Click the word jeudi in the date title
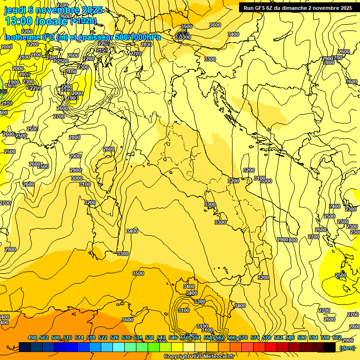click(15, 10)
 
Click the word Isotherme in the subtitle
click(22, 37)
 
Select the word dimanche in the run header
click(293, 8)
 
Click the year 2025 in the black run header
click(346, 8)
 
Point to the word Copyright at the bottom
click(177, 357)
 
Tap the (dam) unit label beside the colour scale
click(346, 348)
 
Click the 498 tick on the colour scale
click(32, 338)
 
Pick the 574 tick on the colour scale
click(255, 338)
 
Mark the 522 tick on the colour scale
click(103, 338)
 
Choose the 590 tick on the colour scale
click(302, 338)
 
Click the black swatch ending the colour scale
click(330, 347)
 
